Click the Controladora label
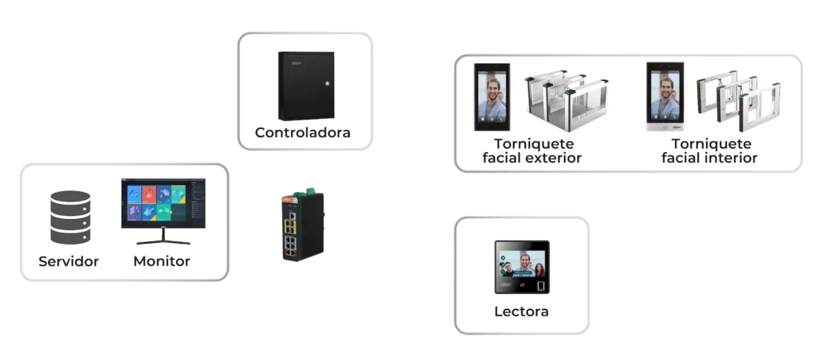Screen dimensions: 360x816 [x=302, y=132]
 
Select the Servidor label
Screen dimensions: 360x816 [x=69, y=261]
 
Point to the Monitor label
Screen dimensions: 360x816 [x=162, y=261]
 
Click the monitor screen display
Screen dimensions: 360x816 [x=163, y=202]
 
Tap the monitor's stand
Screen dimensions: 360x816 [x=163, y=237]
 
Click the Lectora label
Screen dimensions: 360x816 [x=522, y=311]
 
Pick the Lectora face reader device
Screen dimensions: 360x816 [x=522, y=268]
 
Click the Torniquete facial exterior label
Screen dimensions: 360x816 [x=532, y=151]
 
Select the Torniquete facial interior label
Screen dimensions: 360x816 [x=710, y=151]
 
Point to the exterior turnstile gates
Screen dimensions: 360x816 [x=564, y=103]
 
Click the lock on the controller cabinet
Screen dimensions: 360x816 [x=326, y=84]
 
